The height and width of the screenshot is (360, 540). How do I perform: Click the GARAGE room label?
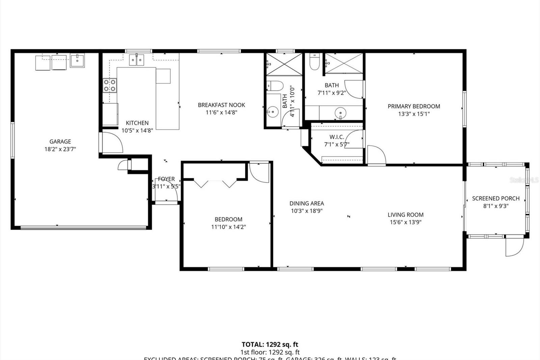point(60,142)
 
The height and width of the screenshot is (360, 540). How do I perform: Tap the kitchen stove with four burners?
point(110,85)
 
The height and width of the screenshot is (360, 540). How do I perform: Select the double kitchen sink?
point(137,60)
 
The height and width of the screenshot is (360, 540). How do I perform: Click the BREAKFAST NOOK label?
point(221,105)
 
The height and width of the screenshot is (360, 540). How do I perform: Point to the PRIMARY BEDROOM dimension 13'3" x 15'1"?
point(414,114)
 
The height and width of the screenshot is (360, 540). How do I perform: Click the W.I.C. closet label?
point(336,137)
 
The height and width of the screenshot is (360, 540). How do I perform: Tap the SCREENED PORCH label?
point(495,199)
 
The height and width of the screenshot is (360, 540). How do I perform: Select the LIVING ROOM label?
point(405,215)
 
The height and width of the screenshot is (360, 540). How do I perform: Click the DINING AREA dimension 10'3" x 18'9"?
point(306,211)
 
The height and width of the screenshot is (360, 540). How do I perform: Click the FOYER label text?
point(166,179)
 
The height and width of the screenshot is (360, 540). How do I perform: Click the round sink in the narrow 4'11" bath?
point(273,112)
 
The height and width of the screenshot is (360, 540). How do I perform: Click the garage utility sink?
point(77,61)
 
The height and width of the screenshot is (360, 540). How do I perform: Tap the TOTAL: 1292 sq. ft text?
point(270,344)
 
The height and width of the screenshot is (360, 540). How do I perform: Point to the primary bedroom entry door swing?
point(376,155)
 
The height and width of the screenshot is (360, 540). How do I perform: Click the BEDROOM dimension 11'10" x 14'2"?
point(228,227)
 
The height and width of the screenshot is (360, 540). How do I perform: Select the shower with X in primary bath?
point(344,63)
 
